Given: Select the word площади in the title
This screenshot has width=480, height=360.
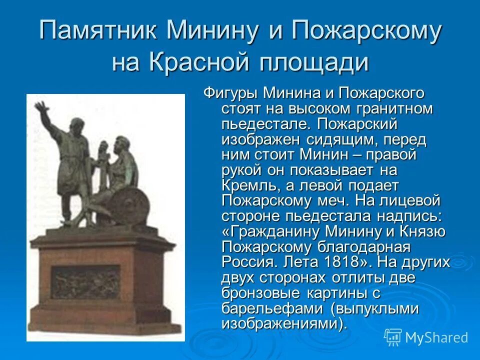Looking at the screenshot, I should tap(315, 63).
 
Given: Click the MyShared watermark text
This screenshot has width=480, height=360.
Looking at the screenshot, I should tap(436, 338).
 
